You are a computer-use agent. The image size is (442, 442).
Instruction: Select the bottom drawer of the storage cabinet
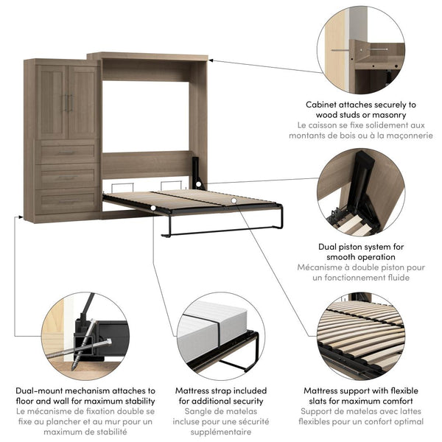(x=67, y=201)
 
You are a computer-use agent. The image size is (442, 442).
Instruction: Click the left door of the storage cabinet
(x=52, y=92)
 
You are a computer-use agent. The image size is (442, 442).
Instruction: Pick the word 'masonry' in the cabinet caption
(x=385, y=116)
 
